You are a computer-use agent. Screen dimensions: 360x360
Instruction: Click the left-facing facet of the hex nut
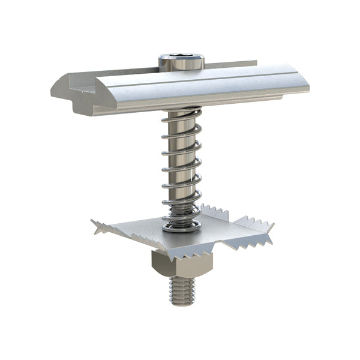pos(157,266)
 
